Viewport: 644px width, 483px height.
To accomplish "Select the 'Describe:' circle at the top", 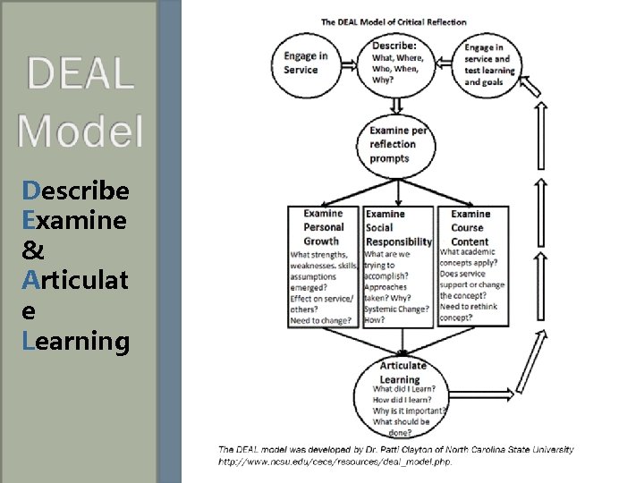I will [x=400, y=63].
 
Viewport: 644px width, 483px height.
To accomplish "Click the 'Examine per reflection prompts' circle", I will [x=400, y=144].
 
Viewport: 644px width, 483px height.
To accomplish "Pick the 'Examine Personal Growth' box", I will [x=322, y=266].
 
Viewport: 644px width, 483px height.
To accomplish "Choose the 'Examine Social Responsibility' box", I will [x=398, y=266].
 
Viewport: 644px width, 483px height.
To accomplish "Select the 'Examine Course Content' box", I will [x=472, y=266].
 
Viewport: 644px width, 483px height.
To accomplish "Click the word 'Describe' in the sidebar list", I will [x=76, y=191].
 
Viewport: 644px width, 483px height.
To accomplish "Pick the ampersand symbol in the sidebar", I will [x=32, y=251].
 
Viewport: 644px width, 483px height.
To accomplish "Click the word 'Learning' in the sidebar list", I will [x=76, y=341].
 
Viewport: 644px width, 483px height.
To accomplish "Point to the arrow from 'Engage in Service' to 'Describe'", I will [x=344, y=63].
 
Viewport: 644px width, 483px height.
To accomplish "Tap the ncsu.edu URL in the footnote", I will [x=335, y=462].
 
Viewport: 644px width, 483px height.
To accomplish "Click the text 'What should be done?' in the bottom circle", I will [x=401, y=428].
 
